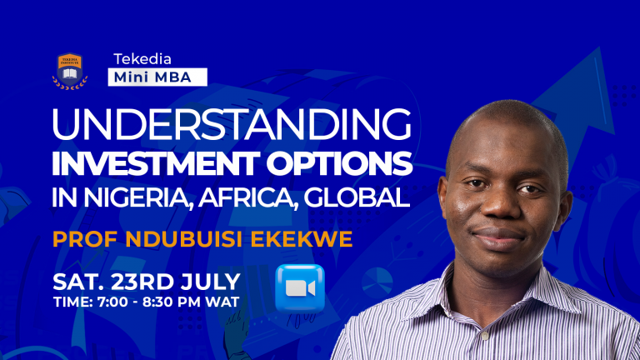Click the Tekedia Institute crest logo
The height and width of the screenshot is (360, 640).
click(x=70, y=70)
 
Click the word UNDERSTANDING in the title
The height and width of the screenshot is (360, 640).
click(x=232, y=126)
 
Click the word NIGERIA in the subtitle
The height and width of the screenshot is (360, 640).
click(x=142, y=200)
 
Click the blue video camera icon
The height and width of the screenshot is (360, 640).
click(x=299, y=287)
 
